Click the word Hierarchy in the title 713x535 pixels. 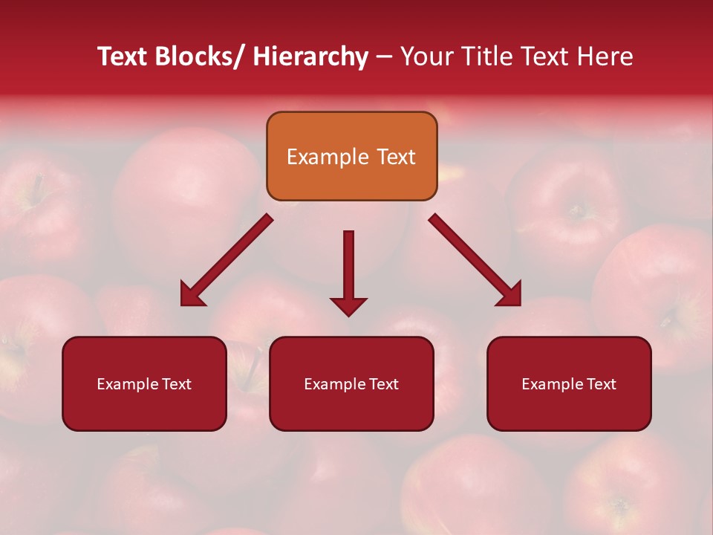[310, 56]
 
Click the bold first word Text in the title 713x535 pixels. [123, 56]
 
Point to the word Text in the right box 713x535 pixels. [601, 384]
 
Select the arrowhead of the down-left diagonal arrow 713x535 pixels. [191, 295]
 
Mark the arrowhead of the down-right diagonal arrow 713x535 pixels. [510, 295]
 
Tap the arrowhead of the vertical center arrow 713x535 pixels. [348, 306]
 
